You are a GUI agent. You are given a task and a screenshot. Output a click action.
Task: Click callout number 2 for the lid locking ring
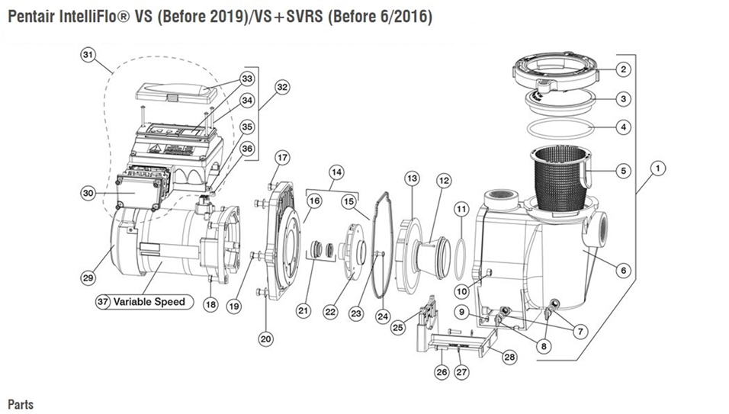[x=623, y=69]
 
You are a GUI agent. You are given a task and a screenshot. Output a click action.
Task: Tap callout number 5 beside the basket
[x=623, y=171]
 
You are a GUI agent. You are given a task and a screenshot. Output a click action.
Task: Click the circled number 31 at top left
[x=89, y=55]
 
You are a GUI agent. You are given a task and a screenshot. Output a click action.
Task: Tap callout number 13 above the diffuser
[x=412, y=178]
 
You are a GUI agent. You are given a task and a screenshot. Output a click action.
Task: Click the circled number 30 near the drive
[x=89, y=194]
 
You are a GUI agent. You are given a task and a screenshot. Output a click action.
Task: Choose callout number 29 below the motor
[x=89, y=278]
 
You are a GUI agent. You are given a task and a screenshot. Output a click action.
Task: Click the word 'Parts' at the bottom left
[x=21, y=403]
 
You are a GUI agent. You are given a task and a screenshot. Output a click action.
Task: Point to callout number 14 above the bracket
[x=336, y=172]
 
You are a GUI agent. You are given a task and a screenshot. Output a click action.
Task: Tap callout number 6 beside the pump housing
[x=623, y=269]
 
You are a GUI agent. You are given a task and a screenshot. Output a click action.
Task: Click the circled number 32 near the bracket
[x=282, y=88]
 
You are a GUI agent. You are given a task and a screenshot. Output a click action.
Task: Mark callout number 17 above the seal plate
[x=282, y=158]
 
